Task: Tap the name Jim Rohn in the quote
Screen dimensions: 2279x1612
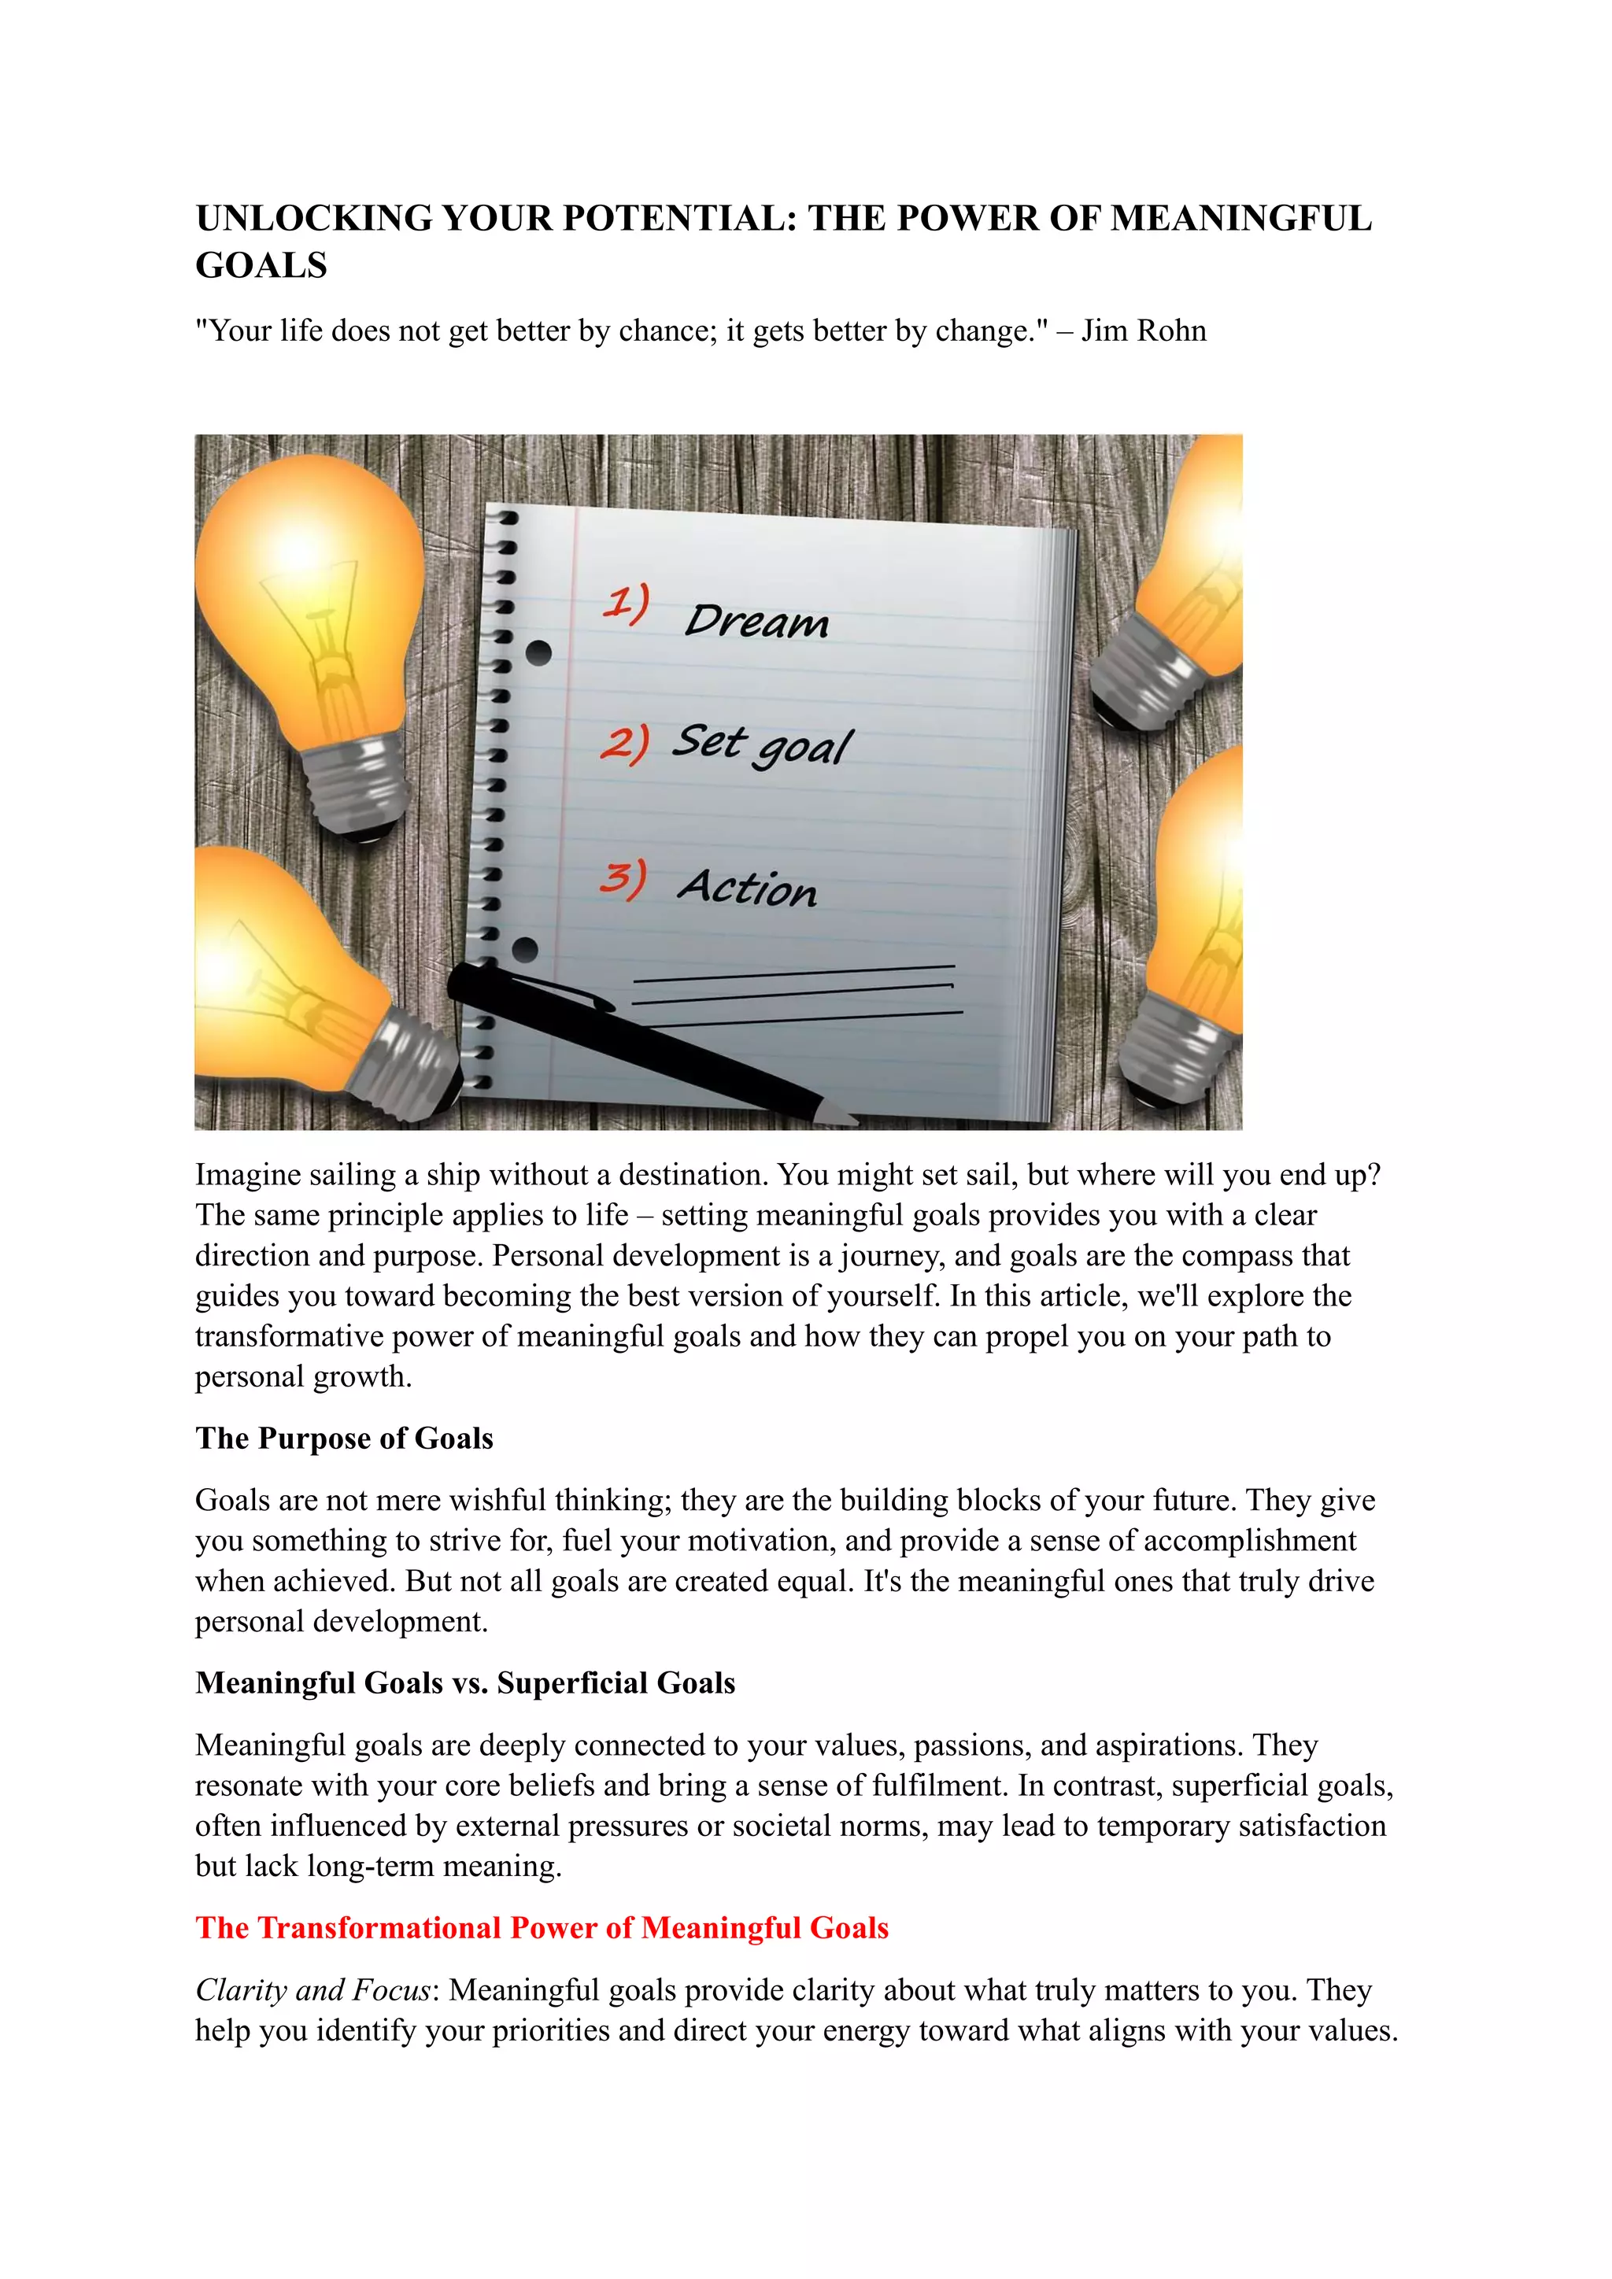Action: [x=1144, y=331]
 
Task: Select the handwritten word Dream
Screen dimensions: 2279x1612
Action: [x=756, y=622]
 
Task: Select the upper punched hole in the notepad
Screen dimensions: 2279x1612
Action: [x=538, y=653]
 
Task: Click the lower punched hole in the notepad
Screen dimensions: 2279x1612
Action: [x=525, y=950]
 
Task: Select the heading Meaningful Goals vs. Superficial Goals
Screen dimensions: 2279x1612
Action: [x=464, y=1682]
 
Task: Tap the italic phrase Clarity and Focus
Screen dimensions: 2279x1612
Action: [x=312, y=1989]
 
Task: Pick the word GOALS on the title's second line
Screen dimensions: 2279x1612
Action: [x=261, y=266]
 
